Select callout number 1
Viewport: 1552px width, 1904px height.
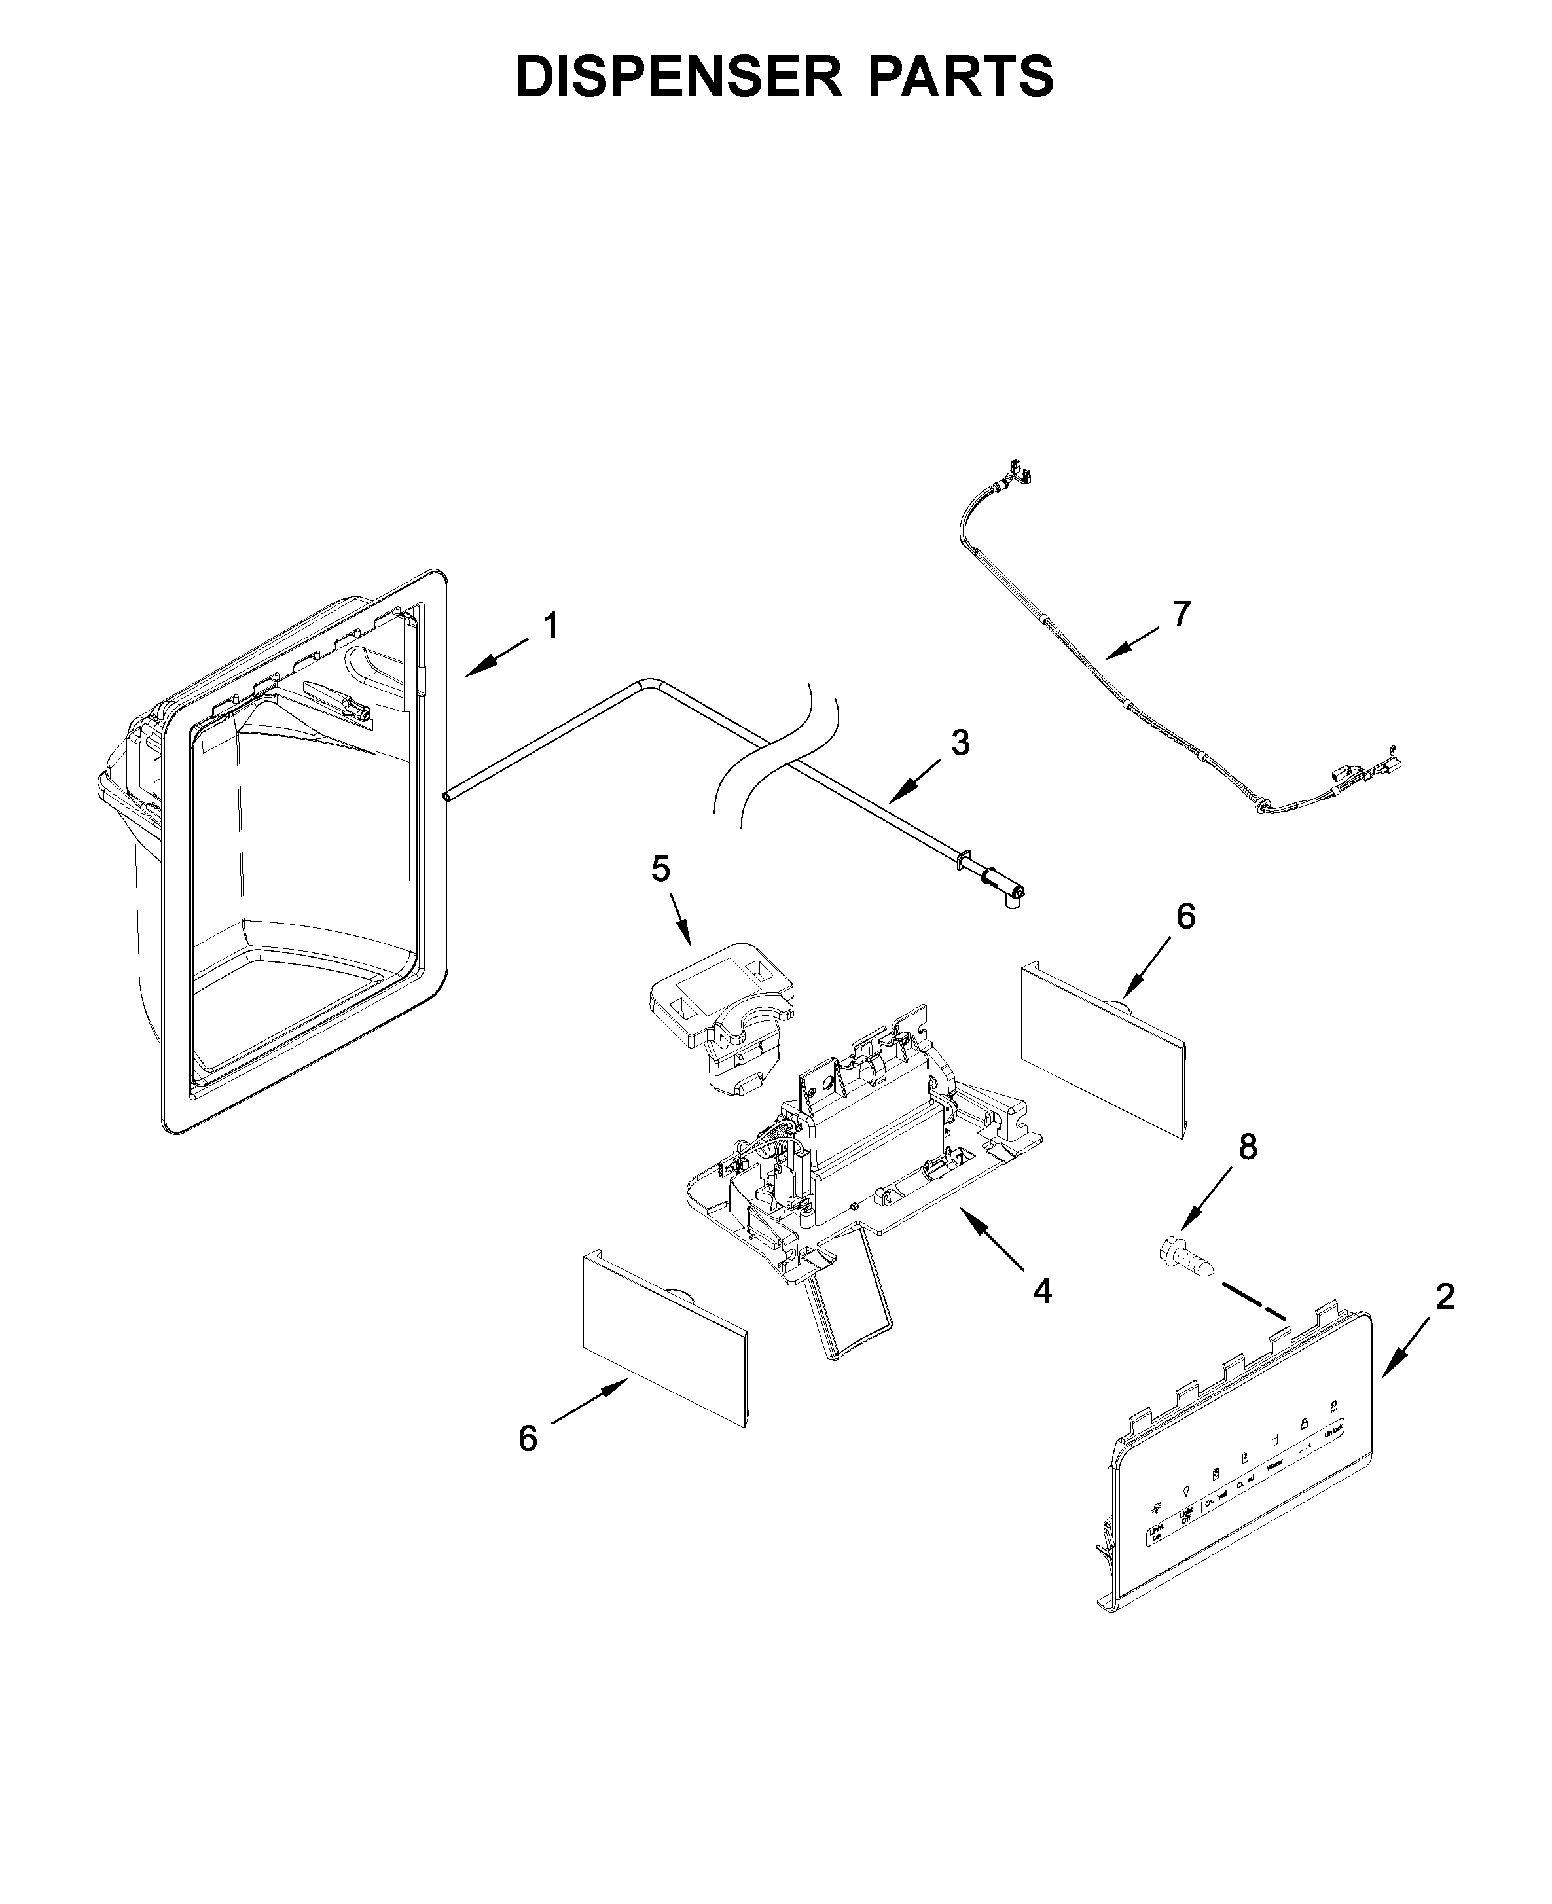coord(552,626)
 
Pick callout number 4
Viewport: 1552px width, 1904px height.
coord(1041,1290)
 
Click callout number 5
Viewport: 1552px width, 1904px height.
coord(660,868)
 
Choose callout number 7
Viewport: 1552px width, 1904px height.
coord(1182,614)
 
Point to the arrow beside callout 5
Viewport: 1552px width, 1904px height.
coord(679,922)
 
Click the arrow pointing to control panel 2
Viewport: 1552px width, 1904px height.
coord(1402,1354)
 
